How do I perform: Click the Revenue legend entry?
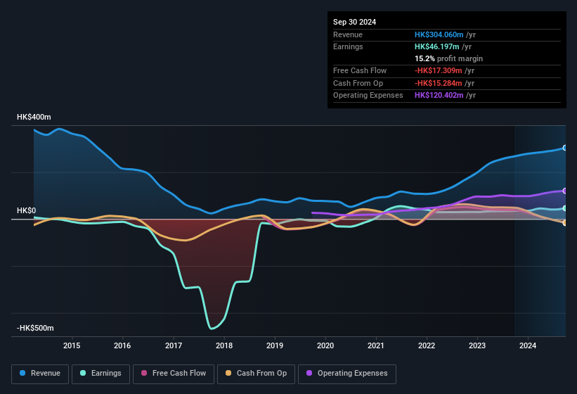tap(40, 373)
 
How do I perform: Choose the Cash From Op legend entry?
tap(257, 373)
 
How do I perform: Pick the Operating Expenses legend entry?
tap(346, 373)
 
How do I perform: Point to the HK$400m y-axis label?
tap(34, 117)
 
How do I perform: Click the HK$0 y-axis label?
tap(27, 211)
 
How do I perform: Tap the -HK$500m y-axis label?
tap(35, 329)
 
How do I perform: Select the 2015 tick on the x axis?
tap(72, 345)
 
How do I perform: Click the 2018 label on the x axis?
tap(224, 345)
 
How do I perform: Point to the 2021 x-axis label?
tap(376, 345)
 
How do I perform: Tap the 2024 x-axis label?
tap(528, 345)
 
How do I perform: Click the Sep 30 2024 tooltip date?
tap(355, 22)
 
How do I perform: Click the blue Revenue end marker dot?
tap(564, 148)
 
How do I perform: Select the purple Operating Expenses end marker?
tap(564, 191)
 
